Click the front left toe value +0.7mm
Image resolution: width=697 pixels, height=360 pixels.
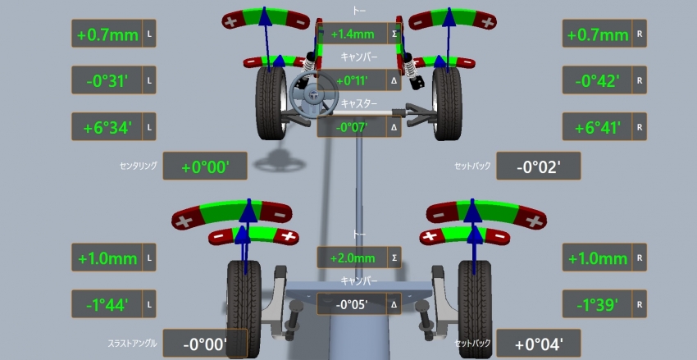point(107,34)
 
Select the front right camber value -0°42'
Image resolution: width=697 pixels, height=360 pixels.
point(597,81)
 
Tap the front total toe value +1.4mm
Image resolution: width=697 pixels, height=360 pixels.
point(353,34)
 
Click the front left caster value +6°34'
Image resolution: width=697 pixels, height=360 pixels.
point(107,128)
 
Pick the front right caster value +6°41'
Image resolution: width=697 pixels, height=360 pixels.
point(597,128)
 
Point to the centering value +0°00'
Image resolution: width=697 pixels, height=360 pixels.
point(205,167)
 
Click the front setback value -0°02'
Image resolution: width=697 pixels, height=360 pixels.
point(539,167)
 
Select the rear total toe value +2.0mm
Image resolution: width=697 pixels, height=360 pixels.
point(353,258)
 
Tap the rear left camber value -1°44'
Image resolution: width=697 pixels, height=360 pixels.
point(107,305)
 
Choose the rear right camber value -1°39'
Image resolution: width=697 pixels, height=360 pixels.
point(597,305)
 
